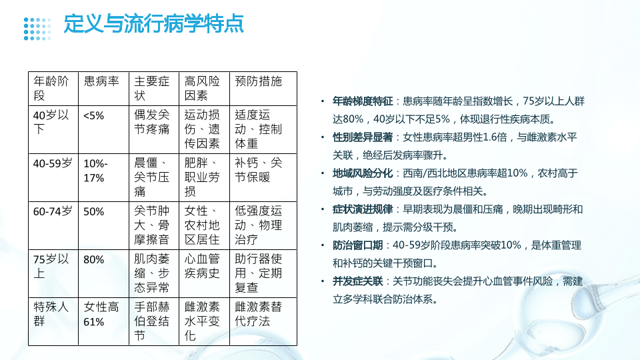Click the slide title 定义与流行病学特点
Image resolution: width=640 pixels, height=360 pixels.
point(154,24)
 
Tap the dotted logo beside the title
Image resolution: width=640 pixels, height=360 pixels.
point(37,29)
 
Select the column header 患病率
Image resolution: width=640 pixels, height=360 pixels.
point(101,81)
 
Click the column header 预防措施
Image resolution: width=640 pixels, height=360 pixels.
point(259,81)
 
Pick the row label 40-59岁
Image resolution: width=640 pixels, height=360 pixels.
point(53,163)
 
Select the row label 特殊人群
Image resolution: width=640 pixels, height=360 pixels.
point(51,314)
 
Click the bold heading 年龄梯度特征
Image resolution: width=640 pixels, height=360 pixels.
point(363,101)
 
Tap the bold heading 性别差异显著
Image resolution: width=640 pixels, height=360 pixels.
point(363,137)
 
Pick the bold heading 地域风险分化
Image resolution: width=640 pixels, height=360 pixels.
point(363,173)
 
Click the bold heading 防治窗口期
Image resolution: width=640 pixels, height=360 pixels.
point(357,245)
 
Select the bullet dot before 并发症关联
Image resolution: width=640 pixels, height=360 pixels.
point(323,281)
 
